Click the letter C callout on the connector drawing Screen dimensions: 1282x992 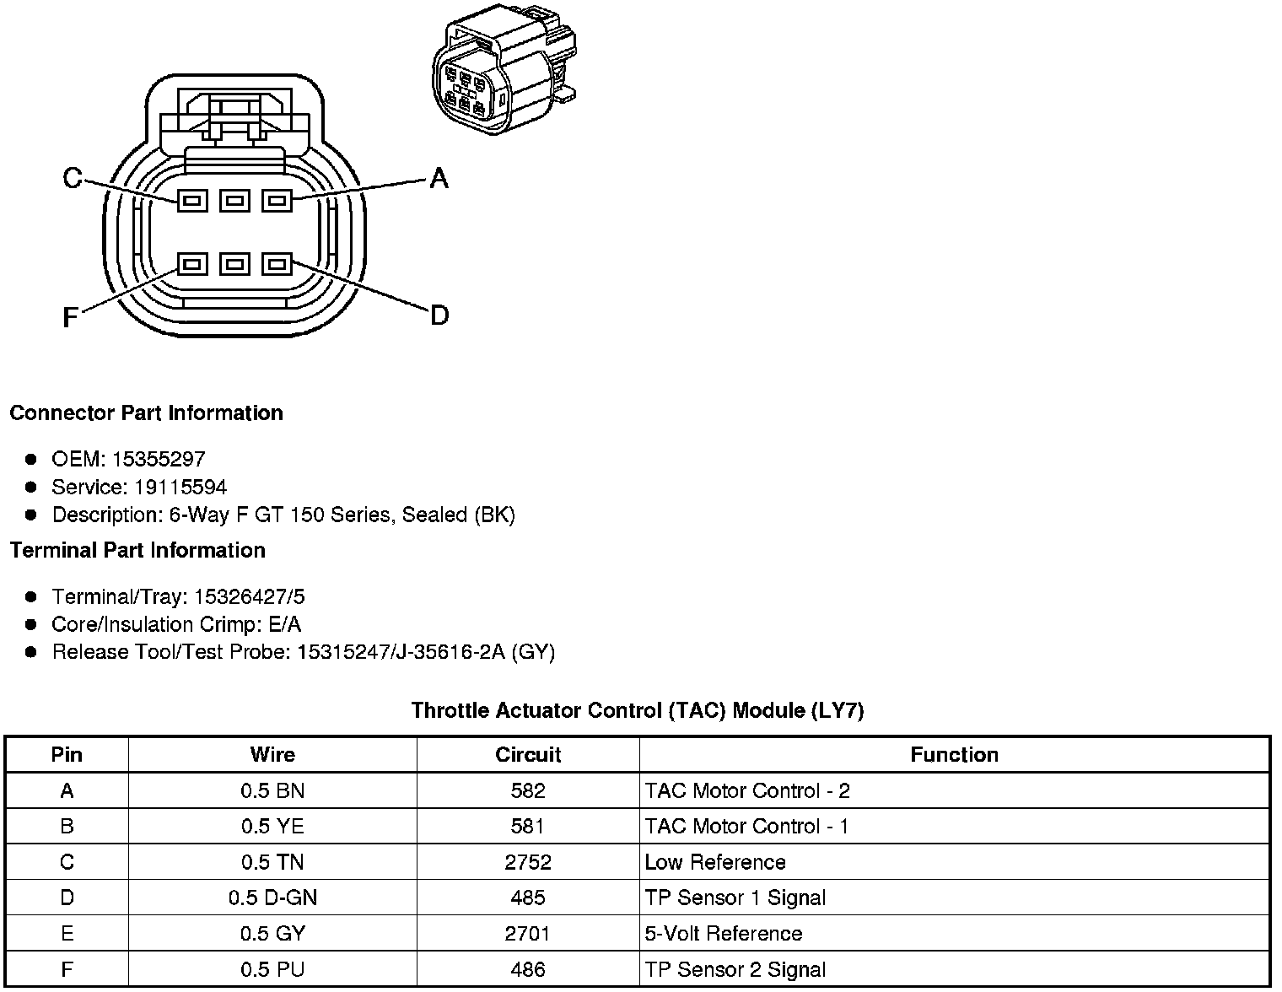pos(73,178)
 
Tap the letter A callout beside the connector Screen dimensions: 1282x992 pos(439,178)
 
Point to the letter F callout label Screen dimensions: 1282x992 pos(71,318)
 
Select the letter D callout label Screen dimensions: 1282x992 pos(439,316)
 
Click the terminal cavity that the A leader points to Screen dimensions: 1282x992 pos(277,201)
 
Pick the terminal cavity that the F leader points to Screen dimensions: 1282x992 pos(192,264)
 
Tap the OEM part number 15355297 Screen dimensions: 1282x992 pos(159,459)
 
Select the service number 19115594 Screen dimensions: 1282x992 pos(180,487)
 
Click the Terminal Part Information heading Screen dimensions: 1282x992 pos(137,550)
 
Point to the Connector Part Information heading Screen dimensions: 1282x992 pos(146,412)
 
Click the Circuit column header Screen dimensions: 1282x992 pos(528,754)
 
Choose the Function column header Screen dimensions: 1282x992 pos(954,754)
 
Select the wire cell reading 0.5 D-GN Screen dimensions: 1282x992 pos(272,898)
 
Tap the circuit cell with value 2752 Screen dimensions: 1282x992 pos(528,862)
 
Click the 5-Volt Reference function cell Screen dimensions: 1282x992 pos(723,934)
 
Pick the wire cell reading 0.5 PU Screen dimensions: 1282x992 pos(272,969)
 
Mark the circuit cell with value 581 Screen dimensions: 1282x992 pos(528,826)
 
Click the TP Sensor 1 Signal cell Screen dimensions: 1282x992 pos(735,898)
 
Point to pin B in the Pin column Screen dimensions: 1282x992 pos(67,826)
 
